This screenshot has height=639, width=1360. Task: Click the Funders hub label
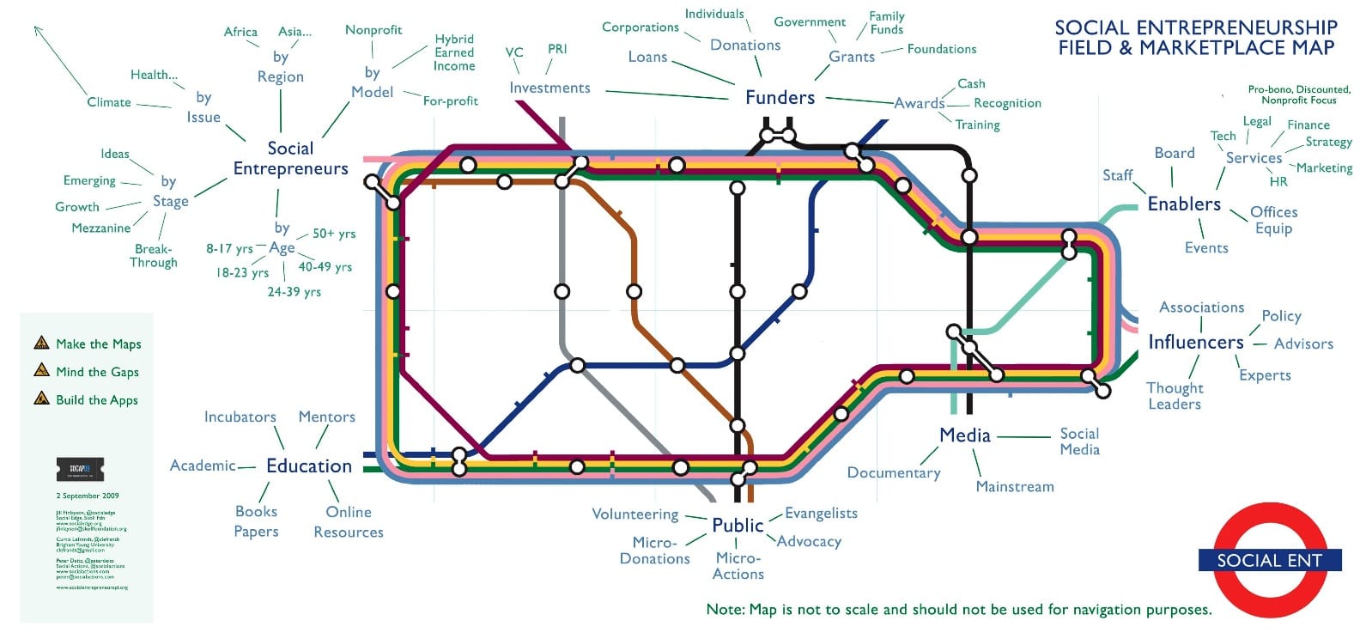click(780, 97)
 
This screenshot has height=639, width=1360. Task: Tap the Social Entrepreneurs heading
click(290, 159)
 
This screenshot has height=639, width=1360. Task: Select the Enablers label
click(1184, 204)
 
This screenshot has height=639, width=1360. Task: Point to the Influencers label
click(1195, 342)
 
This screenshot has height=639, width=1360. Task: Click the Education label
click(309, 466)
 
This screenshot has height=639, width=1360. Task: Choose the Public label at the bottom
click(738, 525)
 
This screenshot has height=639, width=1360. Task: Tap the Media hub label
click(965, 435)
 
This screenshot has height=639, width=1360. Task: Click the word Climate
click(109, 102)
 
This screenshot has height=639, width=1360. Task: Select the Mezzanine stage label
click(101, 228)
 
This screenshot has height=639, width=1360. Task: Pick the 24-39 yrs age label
click(294, 292)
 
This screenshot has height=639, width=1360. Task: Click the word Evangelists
click(821, 513)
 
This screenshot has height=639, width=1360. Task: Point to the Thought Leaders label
click(1175, 396)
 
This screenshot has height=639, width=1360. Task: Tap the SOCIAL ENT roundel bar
click(1269, 560)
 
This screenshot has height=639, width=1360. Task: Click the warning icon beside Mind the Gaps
click(41, 370)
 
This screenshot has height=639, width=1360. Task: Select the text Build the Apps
click(97, 399)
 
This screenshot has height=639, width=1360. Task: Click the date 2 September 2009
click(88, 496)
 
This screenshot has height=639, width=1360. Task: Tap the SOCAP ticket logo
click(80, 469)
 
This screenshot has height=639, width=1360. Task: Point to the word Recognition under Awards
click(1007, 103)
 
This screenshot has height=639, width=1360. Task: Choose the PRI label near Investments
click(557, 49)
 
